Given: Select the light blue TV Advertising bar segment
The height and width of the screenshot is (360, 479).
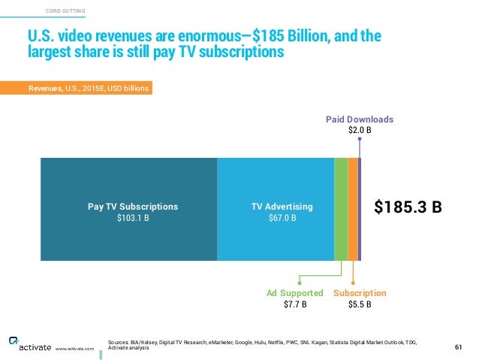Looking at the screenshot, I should [275, 180].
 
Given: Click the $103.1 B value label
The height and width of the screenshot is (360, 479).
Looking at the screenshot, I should [133, 219].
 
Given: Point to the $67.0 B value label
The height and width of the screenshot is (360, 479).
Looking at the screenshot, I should [282, 219].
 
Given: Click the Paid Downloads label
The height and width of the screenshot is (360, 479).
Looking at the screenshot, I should [359, 119].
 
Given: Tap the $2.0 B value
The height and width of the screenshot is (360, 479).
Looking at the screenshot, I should [360, 130].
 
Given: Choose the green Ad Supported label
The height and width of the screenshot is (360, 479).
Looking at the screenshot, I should [295, 292].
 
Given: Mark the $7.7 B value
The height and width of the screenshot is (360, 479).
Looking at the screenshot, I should [295, 304].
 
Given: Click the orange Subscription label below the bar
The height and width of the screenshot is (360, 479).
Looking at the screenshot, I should [360, 292].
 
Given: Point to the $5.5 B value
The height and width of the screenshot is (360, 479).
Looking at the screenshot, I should [360, 304].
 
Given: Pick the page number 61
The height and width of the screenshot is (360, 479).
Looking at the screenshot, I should [459, 346].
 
